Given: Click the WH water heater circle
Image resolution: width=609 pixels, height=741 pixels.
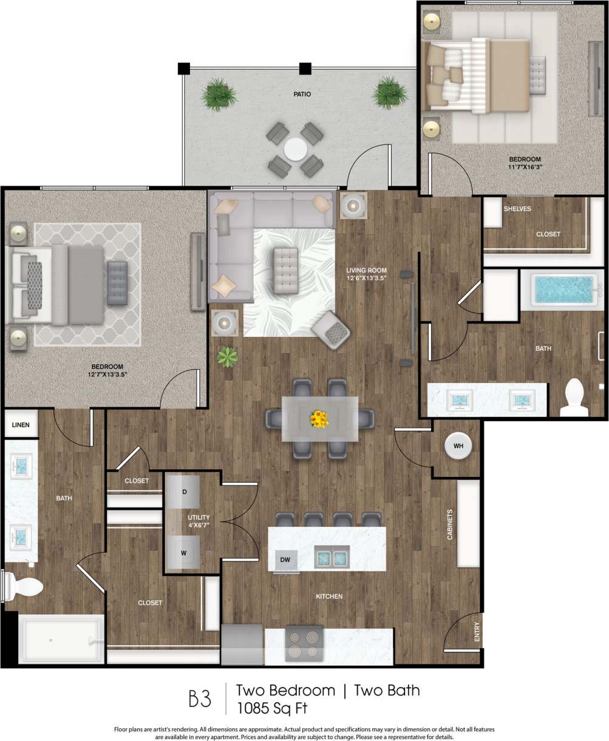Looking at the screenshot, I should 458,446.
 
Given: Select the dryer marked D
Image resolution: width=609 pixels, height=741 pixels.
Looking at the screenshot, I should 185,490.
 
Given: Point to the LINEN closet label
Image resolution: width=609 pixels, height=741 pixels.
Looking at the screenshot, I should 21,425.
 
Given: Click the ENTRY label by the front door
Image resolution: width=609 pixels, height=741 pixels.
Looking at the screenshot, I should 477,632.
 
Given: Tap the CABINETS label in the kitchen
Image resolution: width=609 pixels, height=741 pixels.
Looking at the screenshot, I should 450,525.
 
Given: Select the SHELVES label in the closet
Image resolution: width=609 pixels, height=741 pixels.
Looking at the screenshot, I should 517,209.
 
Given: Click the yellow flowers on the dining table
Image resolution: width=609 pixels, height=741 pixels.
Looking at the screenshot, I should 318,418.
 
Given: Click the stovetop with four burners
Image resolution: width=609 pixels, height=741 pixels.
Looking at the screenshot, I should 304,646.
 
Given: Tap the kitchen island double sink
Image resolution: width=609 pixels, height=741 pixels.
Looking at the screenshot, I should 332,556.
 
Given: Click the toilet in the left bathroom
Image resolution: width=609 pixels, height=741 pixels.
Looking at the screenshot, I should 26,587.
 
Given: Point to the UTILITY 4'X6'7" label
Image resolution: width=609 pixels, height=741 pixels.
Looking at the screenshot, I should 199,520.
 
